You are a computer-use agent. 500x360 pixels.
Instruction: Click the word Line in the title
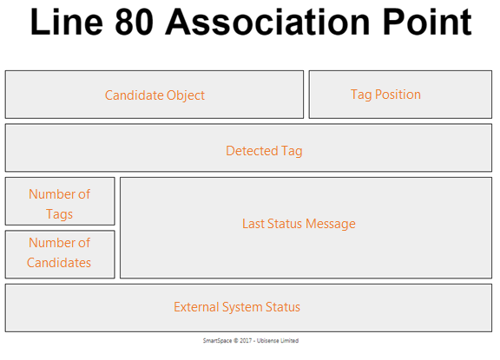[x=67, y=22]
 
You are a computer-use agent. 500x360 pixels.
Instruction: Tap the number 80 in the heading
[x=134, y=22]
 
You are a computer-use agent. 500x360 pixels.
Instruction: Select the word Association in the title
[x=267, y=22]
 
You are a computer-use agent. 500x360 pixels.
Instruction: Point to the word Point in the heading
[x=427, y=22]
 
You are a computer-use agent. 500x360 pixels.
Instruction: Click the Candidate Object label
[x=155, y=95]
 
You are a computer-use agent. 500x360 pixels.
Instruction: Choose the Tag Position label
[x=385, y=95]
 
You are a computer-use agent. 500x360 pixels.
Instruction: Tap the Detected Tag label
[x=264, y=151]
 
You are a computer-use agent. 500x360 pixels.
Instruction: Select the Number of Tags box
[x=60, y=201]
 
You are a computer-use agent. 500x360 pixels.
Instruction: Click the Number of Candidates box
[x=60, y=254]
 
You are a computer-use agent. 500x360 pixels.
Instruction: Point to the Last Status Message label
[x=299, y=224]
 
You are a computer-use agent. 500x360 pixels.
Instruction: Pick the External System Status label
[x=237, y=307]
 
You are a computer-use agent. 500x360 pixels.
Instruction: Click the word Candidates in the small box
[x=59, y=263]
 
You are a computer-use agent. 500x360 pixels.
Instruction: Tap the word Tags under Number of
[x=59, y=214]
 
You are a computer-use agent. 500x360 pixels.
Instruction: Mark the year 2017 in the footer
[x=246, y=341]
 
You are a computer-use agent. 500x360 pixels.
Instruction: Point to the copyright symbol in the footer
[x=235, y=341]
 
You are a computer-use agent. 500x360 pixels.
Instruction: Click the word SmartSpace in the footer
[x=218, y=341]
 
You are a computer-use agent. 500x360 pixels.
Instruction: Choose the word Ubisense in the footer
[x=268, y=341]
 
